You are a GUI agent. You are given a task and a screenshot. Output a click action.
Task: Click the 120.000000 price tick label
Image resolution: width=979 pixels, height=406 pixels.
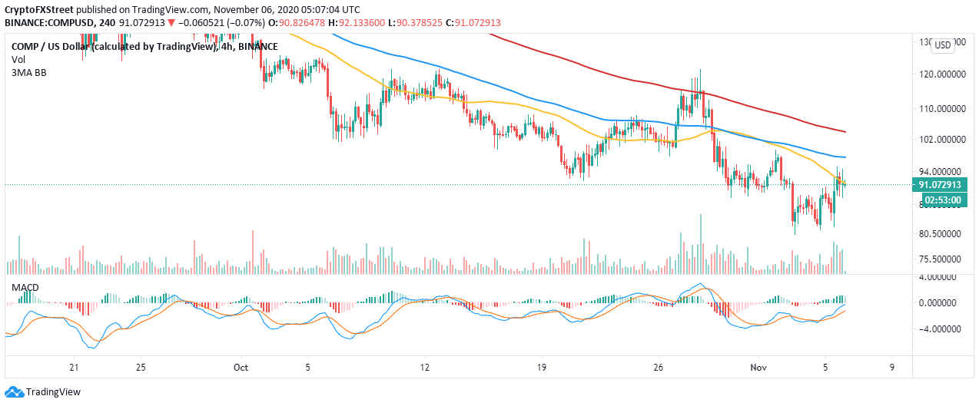[942, 75]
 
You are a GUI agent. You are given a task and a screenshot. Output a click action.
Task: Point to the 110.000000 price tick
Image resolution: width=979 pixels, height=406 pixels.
[942, 109]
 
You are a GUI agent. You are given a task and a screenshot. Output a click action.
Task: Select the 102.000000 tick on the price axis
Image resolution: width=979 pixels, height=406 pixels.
[942, 140]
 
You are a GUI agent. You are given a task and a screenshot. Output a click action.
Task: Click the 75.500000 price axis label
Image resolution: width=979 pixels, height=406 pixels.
[942, 259]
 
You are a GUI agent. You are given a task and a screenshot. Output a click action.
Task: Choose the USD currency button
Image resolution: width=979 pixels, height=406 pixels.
[942, 45]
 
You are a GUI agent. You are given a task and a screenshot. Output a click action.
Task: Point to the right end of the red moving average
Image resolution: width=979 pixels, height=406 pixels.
[845, 131]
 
